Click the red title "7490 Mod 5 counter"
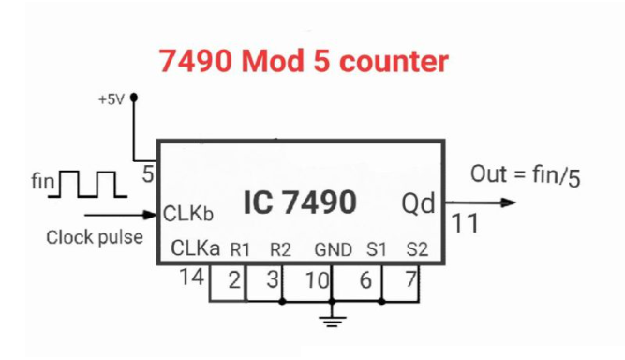click(304, 62)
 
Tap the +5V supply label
click(111, 98)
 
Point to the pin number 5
click(148, 173)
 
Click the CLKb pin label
click(188, 214)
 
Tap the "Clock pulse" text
click(95, 237)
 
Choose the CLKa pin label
click(195, 249)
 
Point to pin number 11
click(466, 225)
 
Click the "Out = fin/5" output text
click(525, 175)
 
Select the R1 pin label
click(240, 250)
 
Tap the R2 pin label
click(280, 250)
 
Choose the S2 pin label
click(417, 250)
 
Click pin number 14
click(191, 277)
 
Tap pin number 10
click(318, 279)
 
